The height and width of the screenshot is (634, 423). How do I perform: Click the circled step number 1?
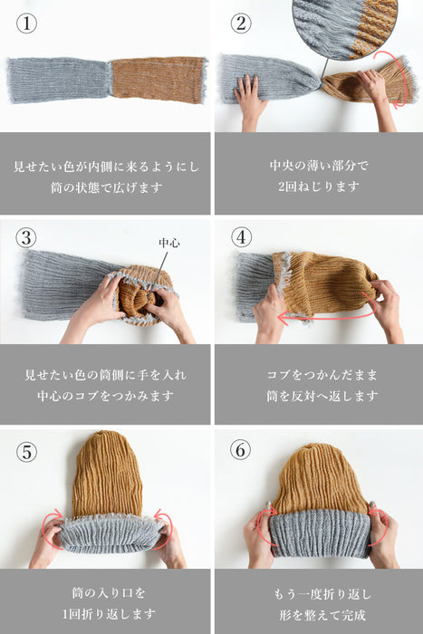(x=25, y=24)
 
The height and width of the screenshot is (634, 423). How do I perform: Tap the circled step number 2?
(x=241, y=24)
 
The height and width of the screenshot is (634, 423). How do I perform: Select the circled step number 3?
(x=25, y=238)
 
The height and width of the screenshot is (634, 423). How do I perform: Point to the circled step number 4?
(x=241, y=238)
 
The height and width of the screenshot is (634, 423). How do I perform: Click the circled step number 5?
(x=25, y=450)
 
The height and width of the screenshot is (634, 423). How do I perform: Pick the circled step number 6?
(x=241, y=450)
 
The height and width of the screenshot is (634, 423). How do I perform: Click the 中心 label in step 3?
(x=168, y=244)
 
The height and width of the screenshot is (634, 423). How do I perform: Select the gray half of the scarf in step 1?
(x=59, y=80)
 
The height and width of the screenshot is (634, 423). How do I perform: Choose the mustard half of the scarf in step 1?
(x=159, y=80)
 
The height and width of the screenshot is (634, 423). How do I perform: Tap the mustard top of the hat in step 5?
(x=107, y=475)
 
